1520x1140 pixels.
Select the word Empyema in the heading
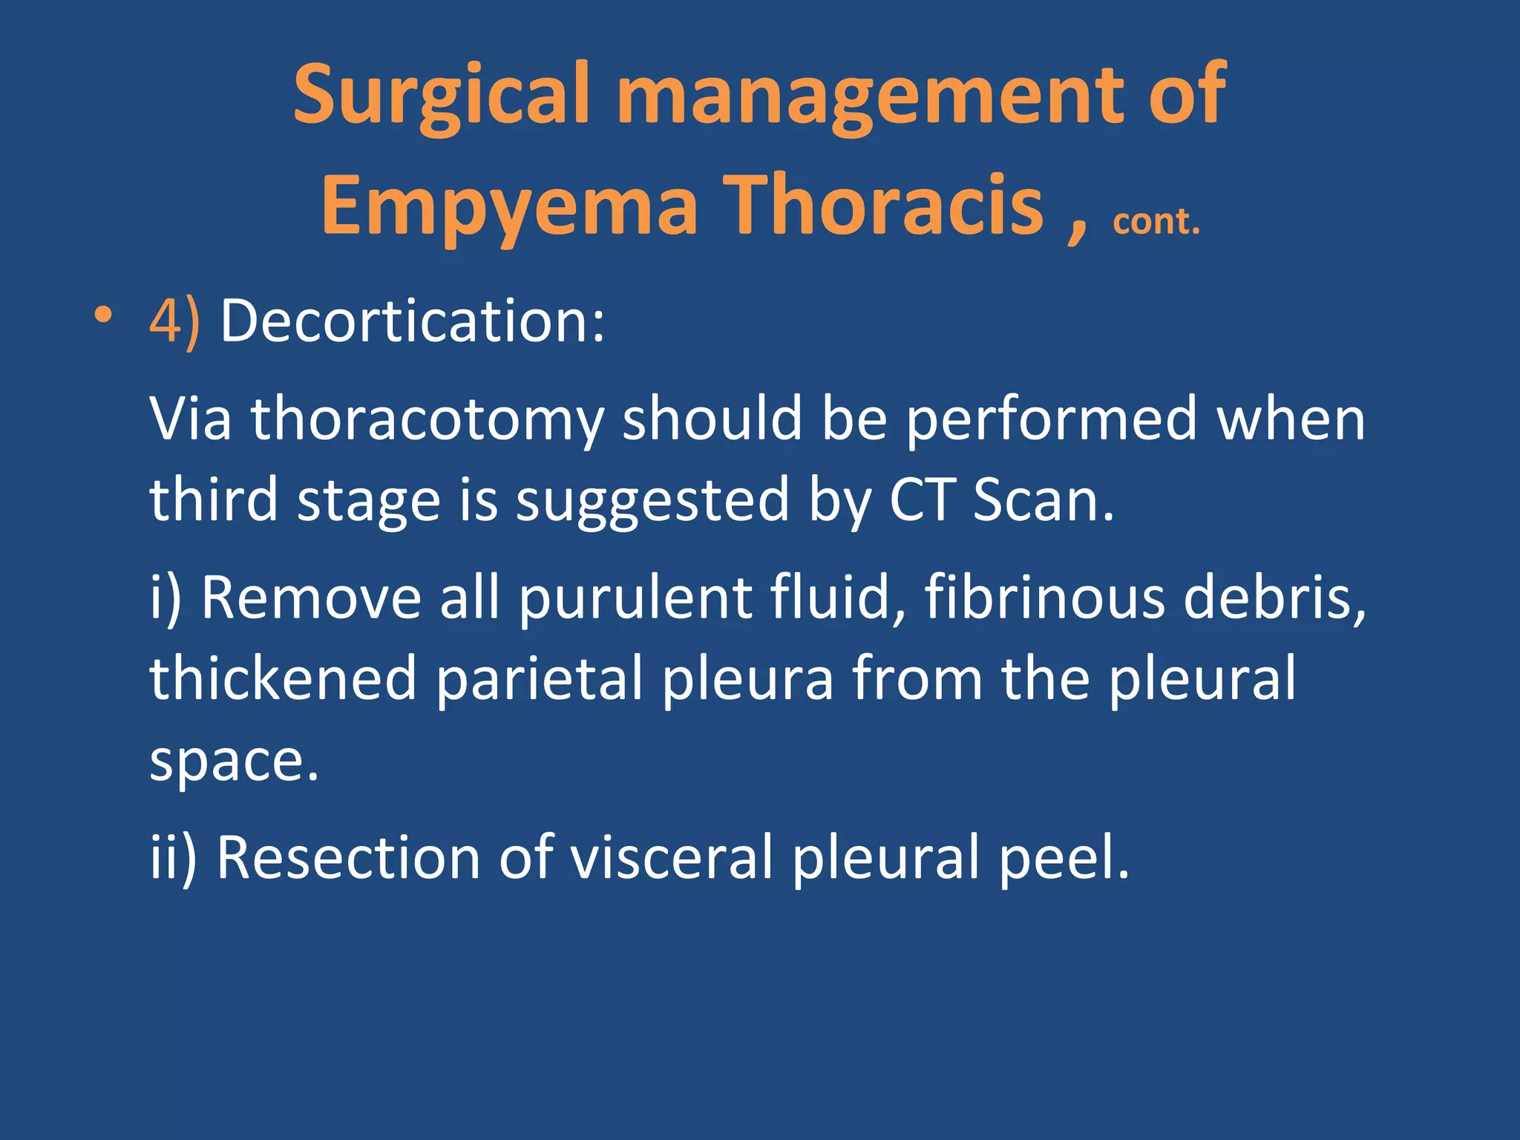click(509, 206)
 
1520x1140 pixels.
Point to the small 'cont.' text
click(1156, 221)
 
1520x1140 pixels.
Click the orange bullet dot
click(103, 316)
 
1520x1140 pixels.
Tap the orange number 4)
click(174, 322)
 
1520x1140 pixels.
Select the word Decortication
click(412, 321)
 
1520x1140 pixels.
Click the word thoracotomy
click(427, 420)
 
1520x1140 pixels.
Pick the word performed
click(1052, 419)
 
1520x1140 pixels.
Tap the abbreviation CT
click(921, 499)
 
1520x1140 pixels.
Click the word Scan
click(1043, 499)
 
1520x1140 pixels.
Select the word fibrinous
click(1044, 597)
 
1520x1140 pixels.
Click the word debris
click(1274, 597)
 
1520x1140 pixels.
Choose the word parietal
click(539, 678)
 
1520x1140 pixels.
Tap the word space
click(233, 761)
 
